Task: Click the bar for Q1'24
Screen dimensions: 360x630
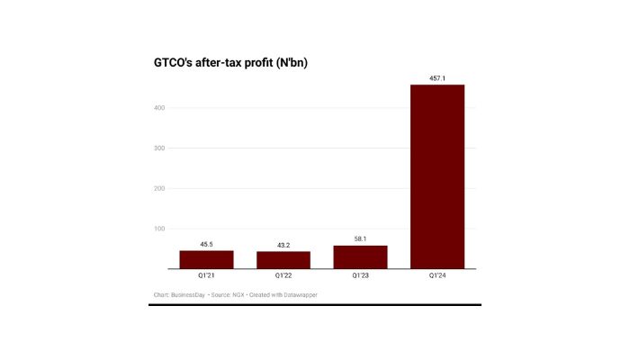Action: click(436, 176)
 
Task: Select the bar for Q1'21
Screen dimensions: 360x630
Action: click(206, 259)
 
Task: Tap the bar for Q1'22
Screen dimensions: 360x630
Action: click(283, 260)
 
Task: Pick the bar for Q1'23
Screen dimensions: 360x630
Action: click(360, 256)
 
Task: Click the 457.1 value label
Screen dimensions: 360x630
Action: click(436, 78)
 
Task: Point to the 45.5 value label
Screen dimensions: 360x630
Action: click(206, 244)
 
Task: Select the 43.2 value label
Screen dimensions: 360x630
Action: click(283, 245)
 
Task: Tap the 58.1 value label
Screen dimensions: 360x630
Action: click(360, 238)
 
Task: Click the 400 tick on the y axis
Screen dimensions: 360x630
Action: click(158, 108)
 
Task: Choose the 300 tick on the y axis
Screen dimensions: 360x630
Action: click(158, 148)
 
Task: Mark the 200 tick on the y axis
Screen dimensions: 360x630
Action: click(158, 188)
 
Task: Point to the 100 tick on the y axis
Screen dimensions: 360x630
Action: click(158, 229)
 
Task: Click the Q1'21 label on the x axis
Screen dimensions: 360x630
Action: click(206, 276)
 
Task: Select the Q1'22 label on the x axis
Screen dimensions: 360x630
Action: click(283, 276)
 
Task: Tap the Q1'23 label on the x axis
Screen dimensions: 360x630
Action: click(360, 276)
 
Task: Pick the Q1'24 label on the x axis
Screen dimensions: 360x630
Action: click(436, 276)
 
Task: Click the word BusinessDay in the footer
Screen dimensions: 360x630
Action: click(187, 295)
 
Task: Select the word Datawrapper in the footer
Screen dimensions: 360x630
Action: click(299, 295)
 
